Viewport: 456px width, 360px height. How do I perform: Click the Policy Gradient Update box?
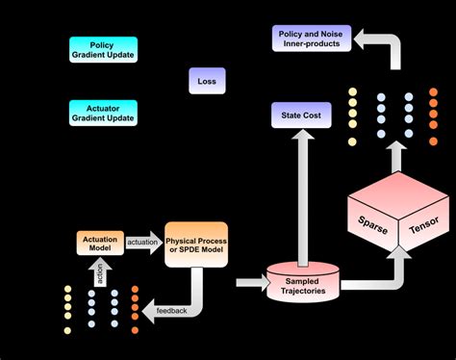[x=104, y=49]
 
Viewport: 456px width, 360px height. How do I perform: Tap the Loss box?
[x=207, y=82]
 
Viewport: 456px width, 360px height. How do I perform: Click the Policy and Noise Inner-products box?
[x=309, y=39]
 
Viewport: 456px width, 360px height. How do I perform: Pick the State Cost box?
[x=301, y=116]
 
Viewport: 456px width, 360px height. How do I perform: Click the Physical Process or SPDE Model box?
[x=196, y=244]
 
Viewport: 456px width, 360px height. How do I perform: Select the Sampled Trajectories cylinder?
[x=301, y=280]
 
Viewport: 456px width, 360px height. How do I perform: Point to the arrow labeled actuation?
[x=143, y=244]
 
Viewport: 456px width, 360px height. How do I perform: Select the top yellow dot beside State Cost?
[x=352, y=91]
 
